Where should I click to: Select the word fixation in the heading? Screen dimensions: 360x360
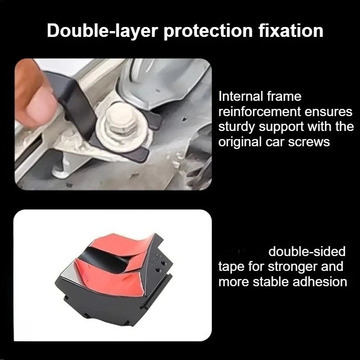click(291, 31)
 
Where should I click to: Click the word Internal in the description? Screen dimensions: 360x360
click(240, 96)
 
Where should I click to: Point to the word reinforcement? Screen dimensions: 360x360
click(260, 111)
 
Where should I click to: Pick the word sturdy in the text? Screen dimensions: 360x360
click(237, 127)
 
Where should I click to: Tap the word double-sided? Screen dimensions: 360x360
click(307, 252)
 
